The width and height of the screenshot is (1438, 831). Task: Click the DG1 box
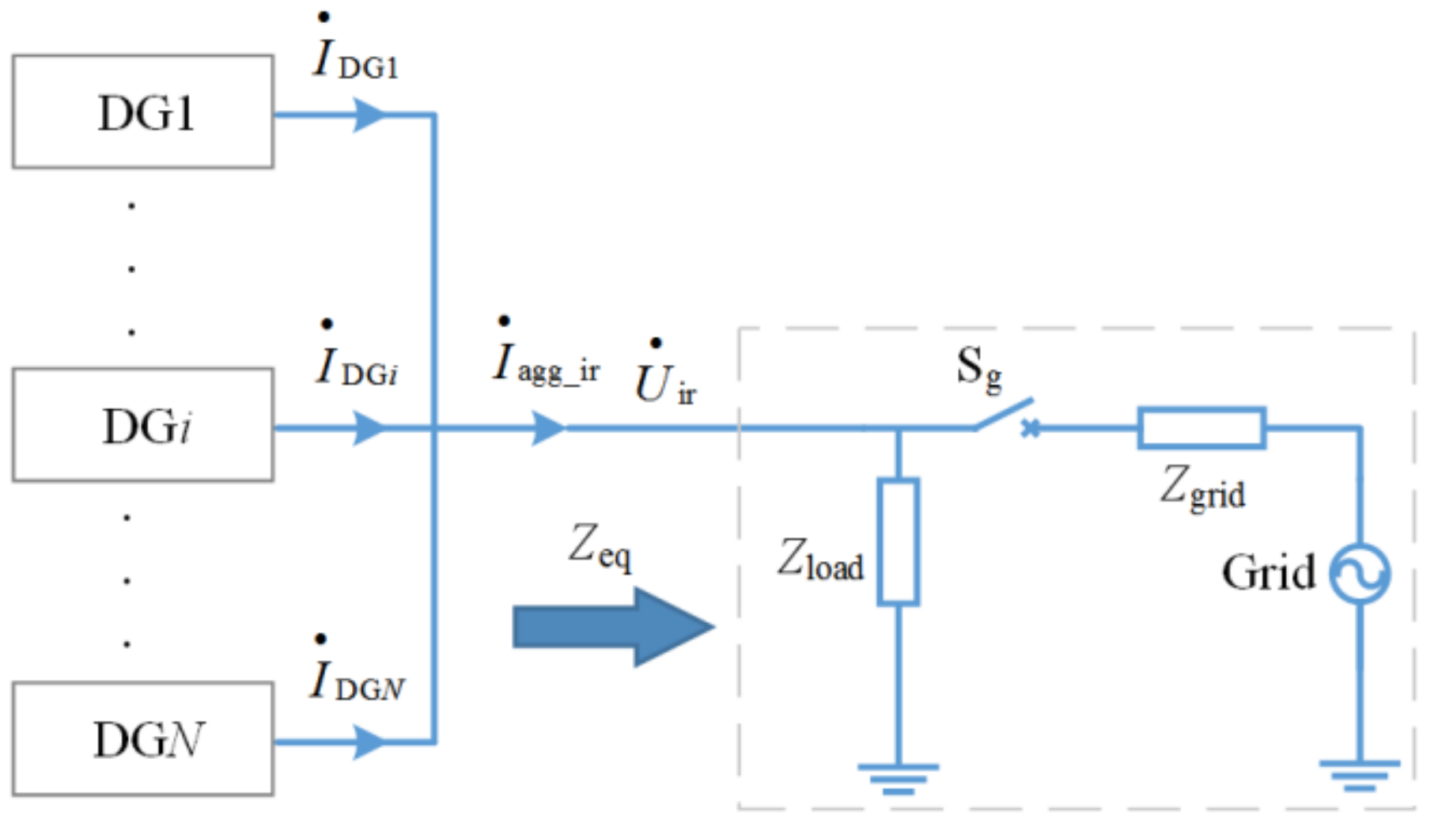coord(143,112)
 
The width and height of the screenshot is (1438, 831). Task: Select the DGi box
coord(143,425)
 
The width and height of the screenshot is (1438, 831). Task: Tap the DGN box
coord(143,738)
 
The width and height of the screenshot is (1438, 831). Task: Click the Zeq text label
coord(600,547)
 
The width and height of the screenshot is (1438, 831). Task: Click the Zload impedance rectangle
coord(898,542)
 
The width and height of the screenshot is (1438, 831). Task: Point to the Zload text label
coord(820,560)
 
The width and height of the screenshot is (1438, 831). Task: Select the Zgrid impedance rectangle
coord(1201,428)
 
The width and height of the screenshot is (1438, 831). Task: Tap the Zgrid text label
coord(1202,488)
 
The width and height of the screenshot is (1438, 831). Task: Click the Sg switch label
coord(978,369)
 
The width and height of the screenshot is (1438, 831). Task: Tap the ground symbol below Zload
coord(898,777)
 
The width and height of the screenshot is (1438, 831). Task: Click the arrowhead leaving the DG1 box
coord(369,116)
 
